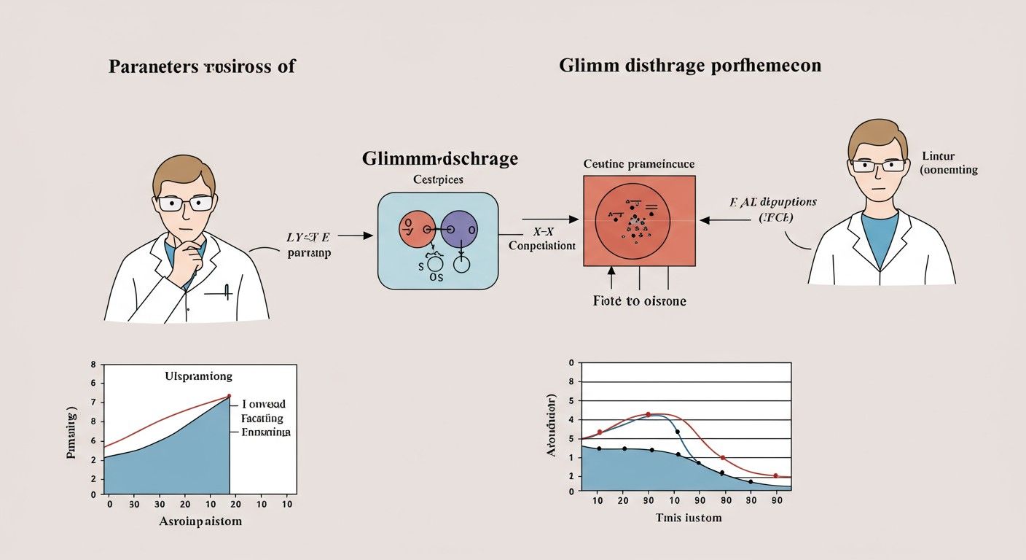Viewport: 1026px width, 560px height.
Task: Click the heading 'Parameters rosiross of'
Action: (x=202, y=66)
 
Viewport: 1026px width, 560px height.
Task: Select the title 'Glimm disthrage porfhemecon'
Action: (x=690, y=66)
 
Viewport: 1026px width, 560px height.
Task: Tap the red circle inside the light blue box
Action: (x=416, y=229)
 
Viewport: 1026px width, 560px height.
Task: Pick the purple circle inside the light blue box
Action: (x=459, y=229)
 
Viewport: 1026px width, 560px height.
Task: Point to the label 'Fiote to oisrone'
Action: (x=640, y=300)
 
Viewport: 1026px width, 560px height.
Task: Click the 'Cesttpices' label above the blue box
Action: (x=438, y=179)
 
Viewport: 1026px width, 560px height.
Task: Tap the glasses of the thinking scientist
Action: (x=186, y=203)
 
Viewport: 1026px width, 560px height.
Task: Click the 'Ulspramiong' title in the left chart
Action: (x=199, y=377)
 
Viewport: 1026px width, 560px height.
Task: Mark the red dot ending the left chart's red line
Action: (x=229, y=396)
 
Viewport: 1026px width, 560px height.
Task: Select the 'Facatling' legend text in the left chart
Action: (x=262, y=419)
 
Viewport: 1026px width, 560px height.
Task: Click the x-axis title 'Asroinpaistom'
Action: (x=200, y=522)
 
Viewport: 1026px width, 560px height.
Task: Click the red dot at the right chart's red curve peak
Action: (x=649, y=414)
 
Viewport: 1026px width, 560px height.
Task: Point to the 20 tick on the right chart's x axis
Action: (x=623, y=500)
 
